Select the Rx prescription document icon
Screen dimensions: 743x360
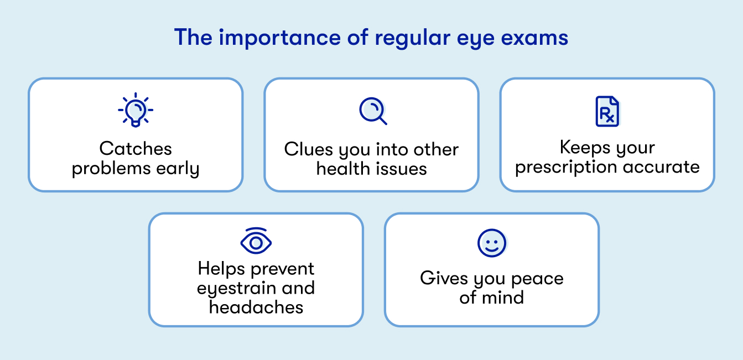(607, 111)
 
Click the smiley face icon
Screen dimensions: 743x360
(492, 243)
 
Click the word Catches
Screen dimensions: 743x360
(136, 148)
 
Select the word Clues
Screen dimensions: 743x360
(309, 149)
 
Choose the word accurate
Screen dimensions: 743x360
(661, 166)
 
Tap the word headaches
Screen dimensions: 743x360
(256, 307)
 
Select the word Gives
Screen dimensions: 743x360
(444, 278)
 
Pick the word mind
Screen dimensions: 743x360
(503, 297)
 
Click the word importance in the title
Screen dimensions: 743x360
(279, 38)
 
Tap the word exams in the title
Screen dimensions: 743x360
(534, 38)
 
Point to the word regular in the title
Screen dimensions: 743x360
(412, 38)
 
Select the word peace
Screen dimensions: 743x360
(537, 279)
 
